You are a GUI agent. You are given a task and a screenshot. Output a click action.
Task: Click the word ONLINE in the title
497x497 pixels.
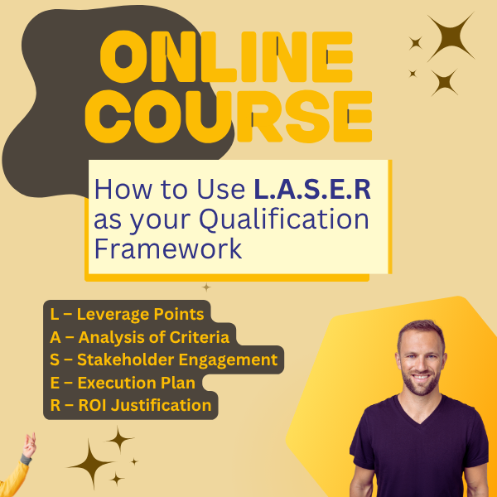tap(226, 57)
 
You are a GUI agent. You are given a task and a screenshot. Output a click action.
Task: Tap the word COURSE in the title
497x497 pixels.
tap(229, 116)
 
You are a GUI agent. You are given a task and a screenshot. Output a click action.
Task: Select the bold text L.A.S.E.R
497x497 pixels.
tap(312, 189)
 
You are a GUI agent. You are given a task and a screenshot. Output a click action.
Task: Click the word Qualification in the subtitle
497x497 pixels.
tap(284, 220)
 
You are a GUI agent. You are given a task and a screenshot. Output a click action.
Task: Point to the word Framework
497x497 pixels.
tap(168, 248)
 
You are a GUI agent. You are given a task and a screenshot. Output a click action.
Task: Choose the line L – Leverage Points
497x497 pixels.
tap(127, 314)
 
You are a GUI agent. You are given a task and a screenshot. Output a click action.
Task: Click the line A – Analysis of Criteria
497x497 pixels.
tap(140, 337)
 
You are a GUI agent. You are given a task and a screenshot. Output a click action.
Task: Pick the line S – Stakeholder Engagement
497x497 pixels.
tap(164, 360)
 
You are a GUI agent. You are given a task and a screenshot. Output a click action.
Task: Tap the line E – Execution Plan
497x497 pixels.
tap(123, 383)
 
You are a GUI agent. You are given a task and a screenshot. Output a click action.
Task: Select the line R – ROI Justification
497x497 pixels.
tap(131, 405)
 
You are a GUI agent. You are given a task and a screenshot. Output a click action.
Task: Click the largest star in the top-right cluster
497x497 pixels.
tap(451, 37)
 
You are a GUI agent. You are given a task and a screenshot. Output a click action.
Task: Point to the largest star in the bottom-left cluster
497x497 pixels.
tap(90, 465)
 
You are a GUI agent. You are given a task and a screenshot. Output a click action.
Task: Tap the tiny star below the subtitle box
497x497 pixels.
tap(206, 287)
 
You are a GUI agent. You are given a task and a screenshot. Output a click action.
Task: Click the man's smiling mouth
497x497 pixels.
tap(422, 377)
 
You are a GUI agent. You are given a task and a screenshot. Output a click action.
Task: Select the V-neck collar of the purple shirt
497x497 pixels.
tap(419, 411)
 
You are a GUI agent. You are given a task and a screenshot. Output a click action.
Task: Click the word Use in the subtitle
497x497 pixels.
tap(221, 189)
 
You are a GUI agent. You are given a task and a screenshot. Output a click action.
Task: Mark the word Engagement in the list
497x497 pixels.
tap(229, 360)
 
